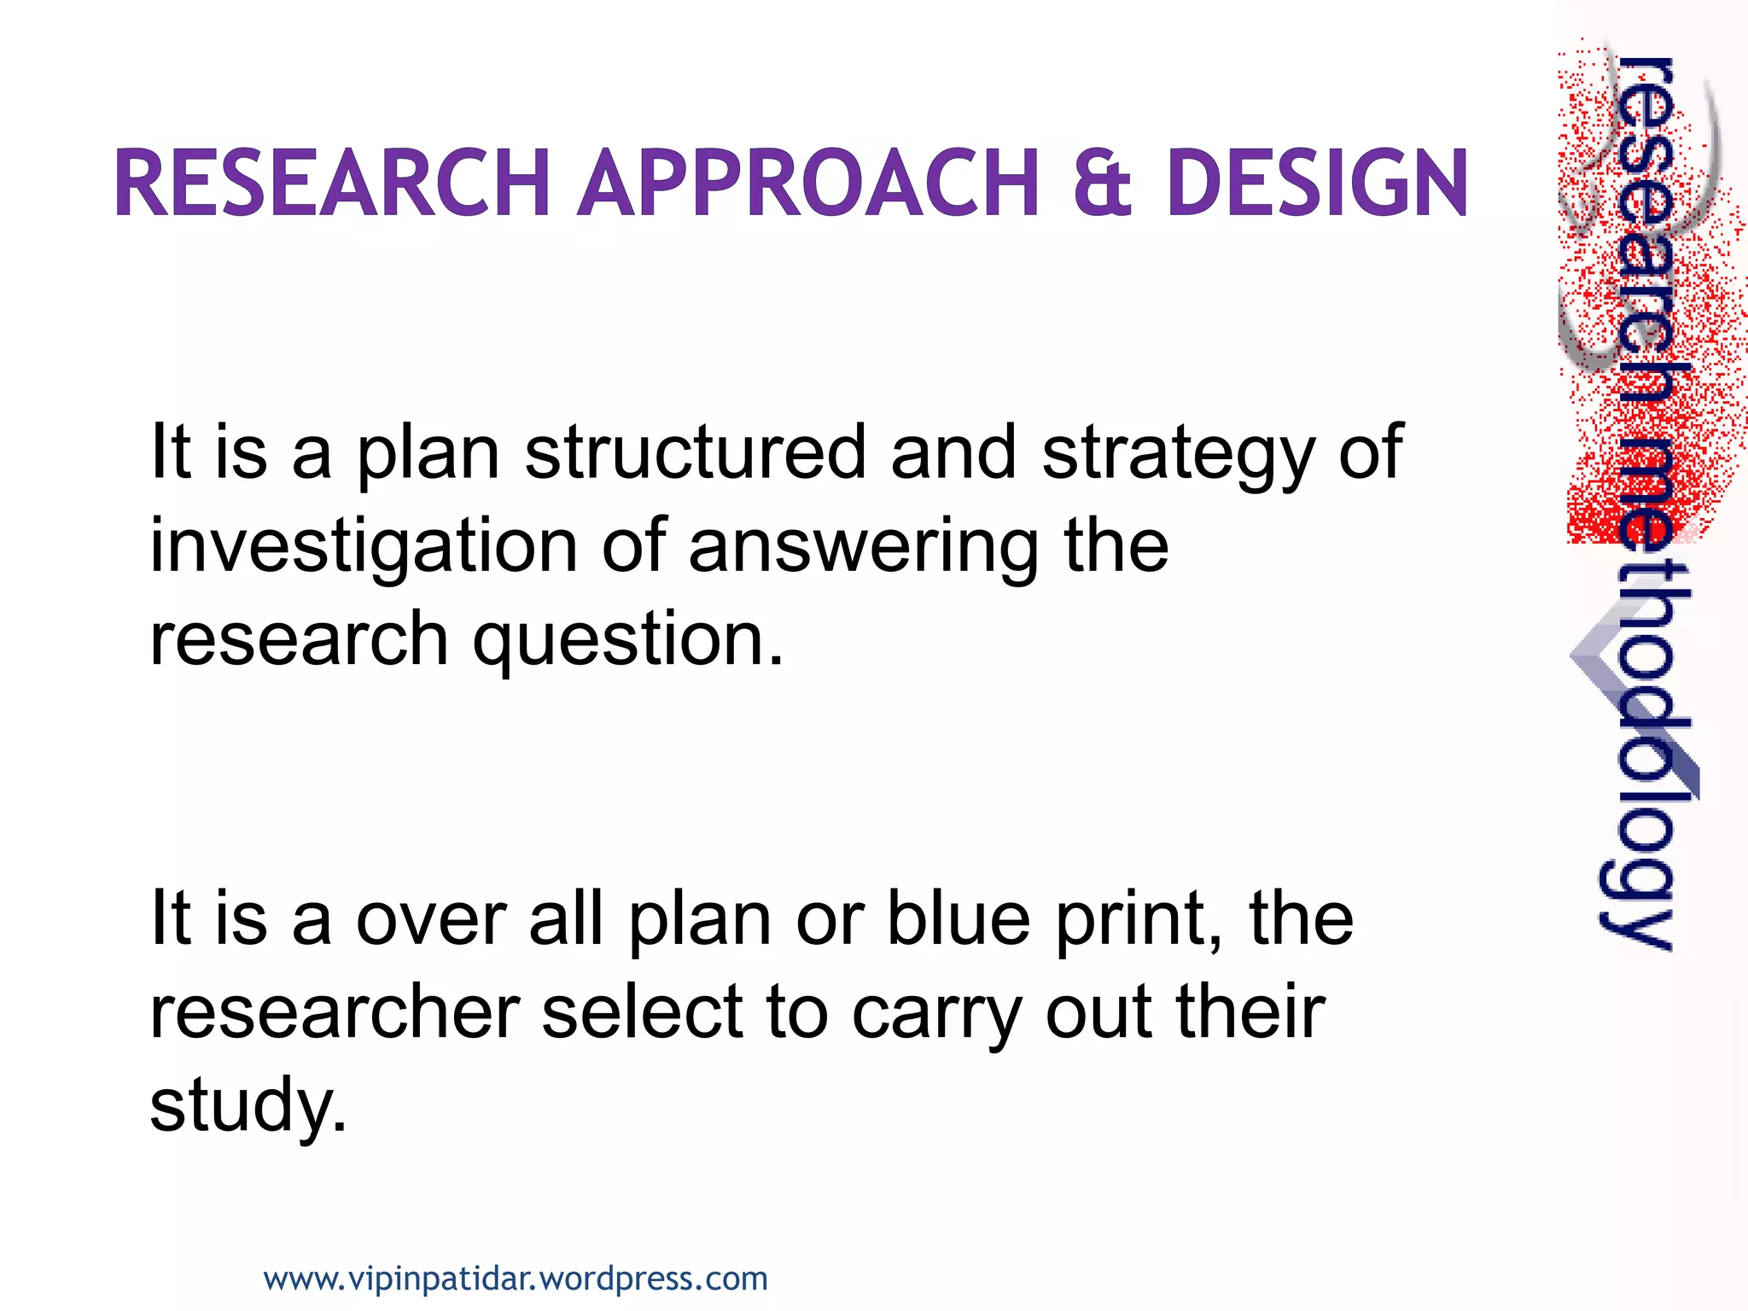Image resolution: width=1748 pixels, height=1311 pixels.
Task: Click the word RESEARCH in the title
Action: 331,183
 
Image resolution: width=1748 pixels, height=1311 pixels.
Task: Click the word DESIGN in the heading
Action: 1317,183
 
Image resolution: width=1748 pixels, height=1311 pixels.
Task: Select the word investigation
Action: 364,548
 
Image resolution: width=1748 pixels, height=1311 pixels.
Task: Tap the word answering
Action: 864,548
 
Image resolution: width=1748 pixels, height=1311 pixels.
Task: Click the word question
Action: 628,642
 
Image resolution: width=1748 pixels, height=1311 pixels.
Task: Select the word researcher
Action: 335,1013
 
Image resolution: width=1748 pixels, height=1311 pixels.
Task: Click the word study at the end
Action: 248,1107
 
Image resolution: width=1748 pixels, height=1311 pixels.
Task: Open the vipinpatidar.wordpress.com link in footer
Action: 516,1279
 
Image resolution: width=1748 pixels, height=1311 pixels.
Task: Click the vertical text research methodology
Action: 1640,504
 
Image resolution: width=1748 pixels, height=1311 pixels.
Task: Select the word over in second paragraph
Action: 431,922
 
